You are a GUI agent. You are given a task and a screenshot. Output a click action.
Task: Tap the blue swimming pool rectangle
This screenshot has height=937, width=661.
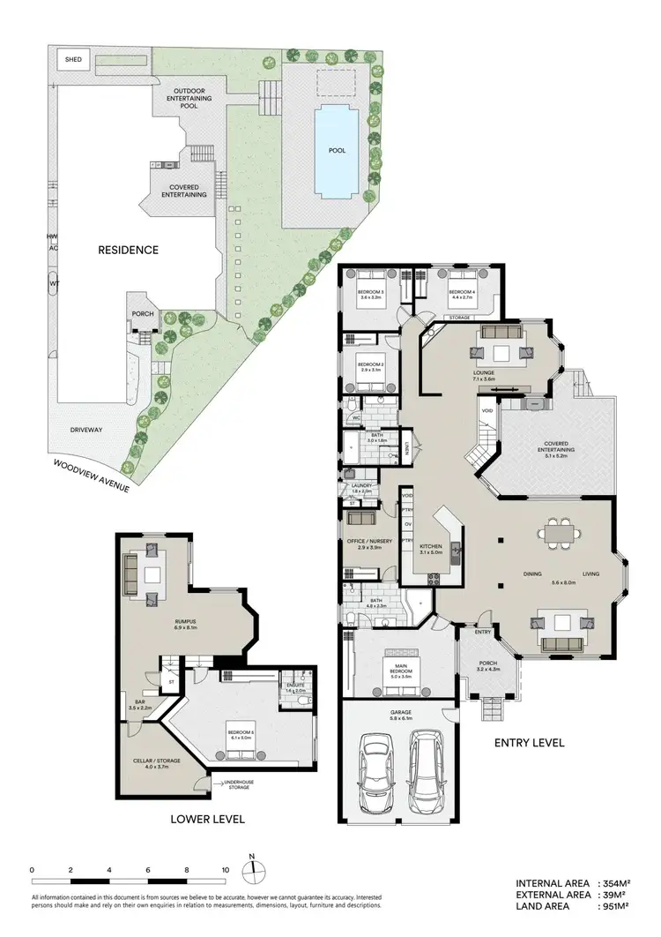(337, 150)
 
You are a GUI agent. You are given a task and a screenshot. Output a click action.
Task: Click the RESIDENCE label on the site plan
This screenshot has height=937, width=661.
(129, 250)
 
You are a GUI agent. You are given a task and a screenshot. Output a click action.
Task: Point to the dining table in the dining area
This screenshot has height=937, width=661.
(560, 533)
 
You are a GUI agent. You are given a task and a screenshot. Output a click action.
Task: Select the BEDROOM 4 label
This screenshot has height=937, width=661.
(461, 292)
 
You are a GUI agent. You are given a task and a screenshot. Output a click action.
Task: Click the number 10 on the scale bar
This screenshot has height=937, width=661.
(226, 869)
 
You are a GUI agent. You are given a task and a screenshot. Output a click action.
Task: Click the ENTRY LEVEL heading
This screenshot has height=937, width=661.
(529, 743)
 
